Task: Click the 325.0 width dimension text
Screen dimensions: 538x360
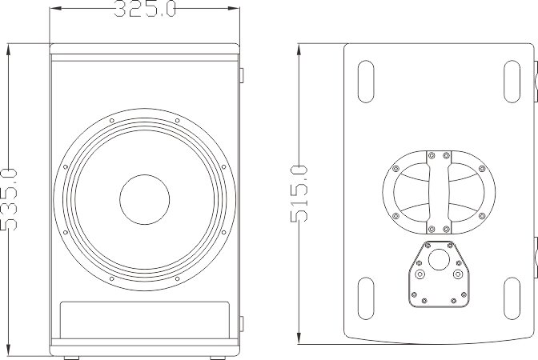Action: point(145,9)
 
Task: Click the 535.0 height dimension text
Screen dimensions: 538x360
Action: point(9,199)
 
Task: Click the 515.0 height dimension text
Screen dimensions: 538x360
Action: point(299,194)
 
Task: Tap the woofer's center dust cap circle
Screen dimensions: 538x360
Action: point(144,199)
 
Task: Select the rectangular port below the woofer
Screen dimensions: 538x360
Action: point(144,320)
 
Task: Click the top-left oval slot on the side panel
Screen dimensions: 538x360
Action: point(366,82)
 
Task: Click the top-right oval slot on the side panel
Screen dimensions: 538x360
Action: point(512,82)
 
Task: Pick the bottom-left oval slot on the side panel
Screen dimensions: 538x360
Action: point(366,298)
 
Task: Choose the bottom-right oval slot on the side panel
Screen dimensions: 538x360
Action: point(512,298)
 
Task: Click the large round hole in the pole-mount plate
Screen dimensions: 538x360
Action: point(439,259)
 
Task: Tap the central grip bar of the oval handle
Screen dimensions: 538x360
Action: point(439,192)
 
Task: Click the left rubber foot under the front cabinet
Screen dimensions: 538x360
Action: point(71,358)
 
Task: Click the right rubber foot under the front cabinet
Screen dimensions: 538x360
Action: point(218,358)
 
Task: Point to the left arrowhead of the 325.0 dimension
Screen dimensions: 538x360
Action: point(50,8)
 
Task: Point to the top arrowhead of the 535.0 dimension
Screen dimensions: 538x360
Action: point(9,45)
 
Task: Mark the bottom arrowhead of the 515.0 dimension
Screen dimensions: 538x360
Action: point(299,343)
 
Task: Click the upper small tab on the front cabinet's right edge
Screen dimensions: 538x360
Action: point(241,75)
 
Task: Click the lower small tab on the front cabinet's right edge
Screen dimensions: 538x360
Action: point(241,324)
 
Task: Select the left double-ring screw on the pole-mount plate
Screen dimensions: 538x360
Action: point(420,274)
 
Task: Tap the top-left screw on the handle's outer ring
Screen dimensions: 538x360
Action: point(395,169)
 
